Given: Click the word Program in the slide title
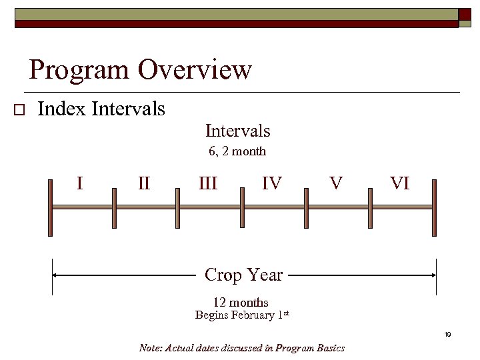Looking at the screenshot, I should point(79,69).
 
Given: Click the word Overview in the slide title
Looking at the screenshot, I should point(195,69).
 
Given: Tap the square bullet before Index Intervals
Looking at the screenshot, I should point(19,110).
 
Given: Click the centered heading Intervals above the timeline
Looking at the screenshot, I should point(237,131).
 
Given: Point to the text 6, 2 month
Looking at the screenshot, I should point(237,151).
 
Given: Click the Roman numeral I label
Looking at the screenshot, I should point(80,183).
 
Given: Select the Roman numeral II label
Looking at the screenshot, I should point(144,183).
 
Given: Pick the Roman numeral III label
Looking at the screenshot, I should point(208,183).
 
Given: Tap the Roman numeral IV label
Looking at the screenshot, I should point(271,183).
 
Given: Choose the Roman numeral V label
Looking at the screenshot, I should point(336,183).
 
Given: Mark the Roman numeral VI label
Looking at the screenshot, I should point(399,183).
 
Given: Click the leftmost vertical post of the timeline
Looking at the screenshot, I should point(50,207).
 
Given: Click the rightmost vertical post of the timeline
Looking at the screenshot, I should point(435,207).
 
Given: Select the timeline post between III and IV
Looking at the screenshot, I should point(241,207).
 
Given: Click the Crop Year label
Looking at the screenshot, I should point(243,275).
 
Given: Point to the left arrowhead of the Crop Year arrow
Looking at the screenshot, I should point(57,275).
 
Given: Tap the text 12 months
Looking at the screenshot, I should point(241,303).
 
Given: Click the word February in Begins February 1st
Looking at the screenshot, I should point(253,315).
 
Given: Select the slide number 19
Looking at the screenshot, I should point(448,334).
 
